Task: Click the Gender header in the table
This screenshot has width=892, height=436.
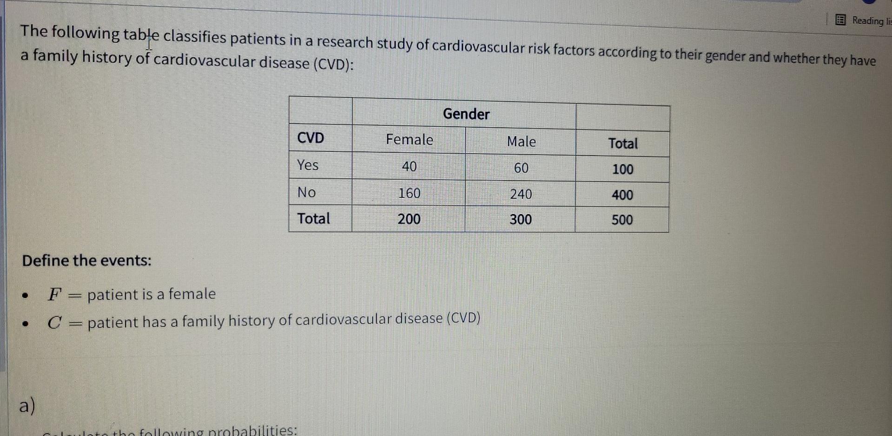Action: point(466,114)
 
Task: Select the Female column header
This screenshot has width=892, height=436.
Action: point(409,140)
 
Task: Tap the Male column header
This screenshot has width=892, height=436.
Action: point(521,142)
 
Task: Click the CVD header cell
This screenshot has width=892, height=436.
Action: point(311,138)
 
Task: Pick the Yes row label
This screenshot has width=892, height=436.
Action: point(308,165)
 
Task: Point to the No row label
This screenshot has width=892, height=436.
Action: point(307,192)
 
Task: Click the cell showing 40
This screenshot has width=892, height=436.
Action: point(409,166)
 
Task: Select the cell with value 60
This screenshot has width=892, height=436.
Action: point(521,168)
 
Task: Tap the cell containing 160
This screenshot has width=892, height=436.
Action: point(409,193)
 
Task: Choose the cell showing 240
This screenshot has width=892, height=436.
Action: point(521,194)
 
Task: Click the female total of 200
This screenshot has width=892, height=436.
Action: point(409,219)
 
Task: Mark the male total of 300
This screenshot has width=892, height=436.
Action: point(521,219)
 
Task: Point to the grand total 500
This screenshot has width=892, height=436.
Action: point(622,220)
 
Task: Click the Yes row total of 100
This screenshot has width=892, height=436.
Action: point(622,169)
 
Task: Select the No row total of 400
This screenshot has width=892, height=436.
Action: point(622,195)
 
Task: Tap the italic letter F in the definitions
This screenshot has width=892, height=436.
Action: point(54,294)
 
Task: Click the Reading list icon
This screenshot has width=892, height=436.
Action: point(840,20)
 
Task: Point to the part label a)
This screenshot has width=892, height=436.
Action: point(27,406)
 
